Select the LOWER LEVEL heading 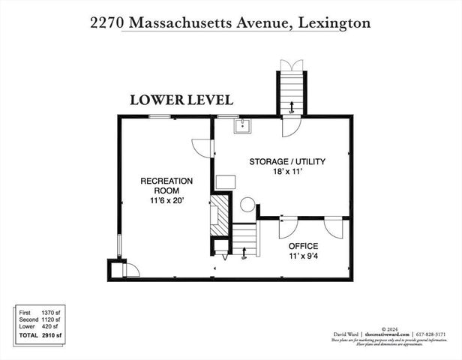tap(181, 100)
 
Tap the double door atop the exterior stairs tap(289, 64)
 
